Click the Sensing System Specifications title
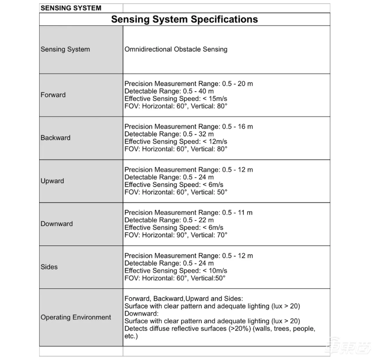point(184,19)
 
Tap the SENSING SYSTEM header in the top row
point(71,8)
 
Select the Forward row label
point(53,95)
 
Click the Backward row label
point(56,138)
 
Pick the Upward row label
point(52,181)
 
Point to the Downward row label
point(57,224)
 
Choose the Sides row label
point(49,267)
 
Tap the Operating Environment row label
point(76,317)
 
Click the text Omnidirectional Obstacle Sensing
point(176,49)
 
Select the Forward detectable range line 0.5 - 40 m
point(169,91)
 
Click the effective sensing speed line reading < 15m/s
point(176,99)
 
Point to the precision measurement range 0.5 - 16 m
point(188,126)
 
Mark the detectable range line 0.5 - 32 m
point(169,134)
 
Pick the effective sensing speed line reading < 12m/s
point(176,142)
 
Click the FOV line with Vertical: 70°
point(176,234)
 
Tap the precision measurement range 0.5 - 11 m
point(188,213)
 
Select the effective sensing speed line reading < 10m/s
point(176,271)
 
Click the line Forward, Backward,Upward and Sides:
point(184,299)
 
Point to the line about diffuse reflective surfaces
point(220,328)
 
